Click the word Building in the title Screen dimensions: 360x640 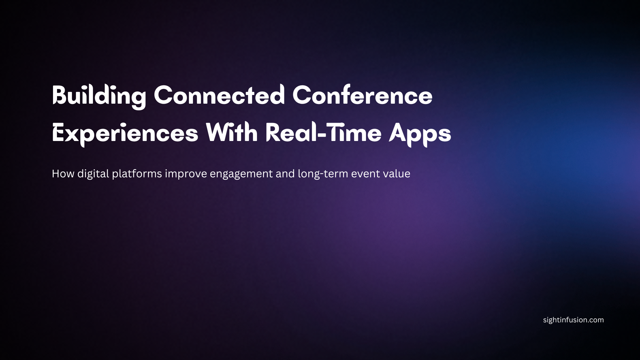pos(99,96)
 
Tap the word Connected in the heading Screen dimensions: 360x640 pos(219,96)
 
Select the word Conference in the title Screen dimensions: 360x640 pos(362,96)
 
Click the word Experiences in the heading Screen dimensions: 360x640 pos(125,133)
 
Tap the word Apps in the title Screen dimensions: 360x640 pos(420,133)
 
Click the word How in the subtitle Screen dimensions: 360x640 pos(63,174)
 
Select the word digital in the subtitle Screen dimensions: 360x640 pos(93,174)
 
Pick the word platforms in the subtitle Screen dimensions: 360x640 pos(137,174)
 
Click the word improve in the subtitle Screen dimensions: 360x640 pos(186,174)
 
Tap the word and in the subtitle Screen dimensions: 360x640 pos(285,174)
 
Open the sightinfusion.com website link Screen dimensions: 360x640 pos(573,320)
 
